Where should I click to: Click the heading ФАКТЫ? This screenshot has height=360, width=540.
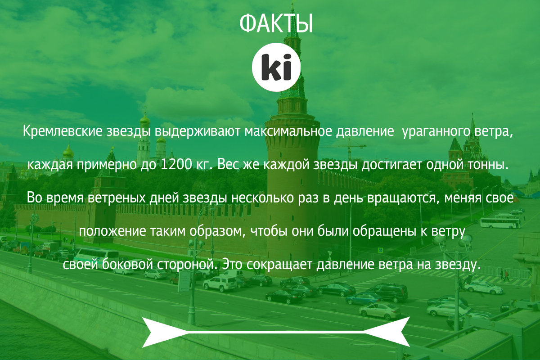tap(276, 23)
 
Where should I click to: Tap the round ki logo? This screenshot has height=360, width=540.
tap(276, 67)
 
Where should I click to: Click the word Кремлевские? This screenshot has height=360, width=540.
tap(63, 131)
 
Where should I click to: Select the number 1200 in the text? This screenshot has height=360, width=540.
tap(176, 164)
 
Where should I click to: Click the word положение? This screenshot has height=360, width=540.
tap(112, 231)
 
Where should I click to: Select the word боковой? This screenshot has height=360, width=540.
tap(127, 264)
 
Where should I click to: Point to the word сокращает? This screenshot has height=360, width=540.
tap(279, 265)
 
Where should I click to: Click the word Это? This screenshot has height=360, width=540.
tap(232, 265)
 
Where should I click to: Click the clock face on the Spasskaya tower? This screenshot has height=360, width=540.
tap(477, 149)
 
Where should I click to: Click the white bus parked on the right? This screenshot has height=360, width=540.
tap(500, 223)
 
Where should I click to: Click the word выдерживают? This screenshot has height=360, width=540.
tap(198, 132)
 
